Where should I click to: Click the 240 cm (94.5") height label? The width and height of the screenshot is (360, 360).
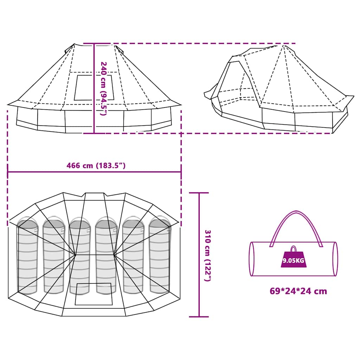click(x=103, y=89)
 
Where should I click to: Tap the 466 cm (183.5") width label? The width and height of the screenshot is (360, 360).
click(x=96, y=166)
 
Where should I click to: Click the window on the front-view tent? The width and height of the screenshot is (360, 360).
click(x=94, y=87)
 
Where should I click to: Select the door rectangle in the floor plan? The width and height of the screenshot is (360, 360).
click(x=94, y=294)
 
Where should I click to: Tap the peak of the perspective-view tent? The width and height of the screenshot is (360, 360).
click(x=284, y=45)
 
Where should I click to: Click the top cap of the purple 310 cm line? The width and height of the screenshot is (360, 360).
click(x=199, y=193)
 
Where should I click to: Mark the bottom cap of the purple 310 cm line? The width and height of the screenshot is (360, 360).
click(x=199, y=317)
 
